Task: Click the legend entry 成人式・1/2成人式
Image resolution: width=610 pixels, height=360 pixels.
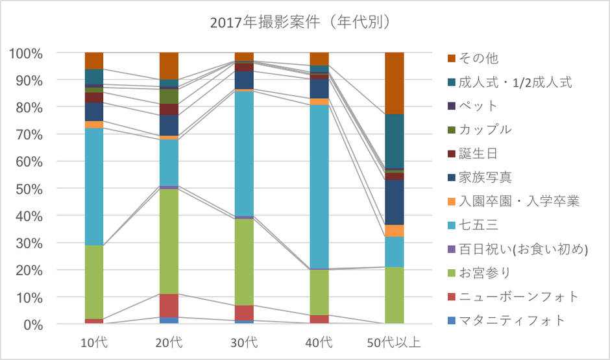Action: point(517,82)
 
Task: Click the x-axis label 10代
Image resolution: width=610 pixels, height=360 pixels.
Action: point(95,342)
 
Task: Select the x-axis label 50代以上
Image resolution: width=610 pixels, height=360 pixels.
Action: point(394,342)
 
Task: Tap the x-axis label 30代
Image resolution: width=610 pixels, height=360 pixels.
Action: point(244,342)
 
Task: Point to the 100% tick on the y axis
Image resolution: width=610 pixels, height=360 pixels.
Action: point(27,53)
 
